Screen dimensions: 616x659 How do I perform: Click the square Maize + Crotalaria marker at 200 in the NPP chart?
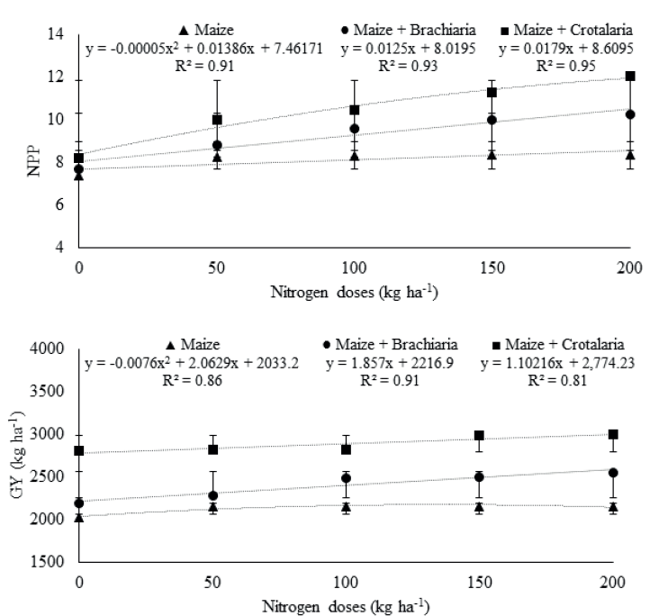pyautogui.click(x=630, y=77)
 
